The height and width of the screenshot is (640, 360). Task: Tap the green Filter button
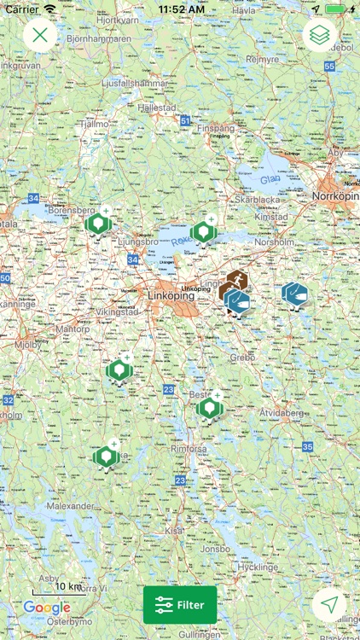pos(180,605)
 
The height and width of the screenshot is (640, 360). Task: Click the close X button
pos(40,35)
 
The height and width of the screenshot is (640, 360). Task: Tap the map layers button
pos(320,35)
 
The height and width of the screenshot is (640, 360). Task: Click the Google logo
pos(47,608)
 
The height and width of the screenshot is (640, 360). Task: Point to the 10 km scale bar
pos(58,589)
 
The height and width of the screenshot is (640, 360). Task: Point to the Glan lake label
pos(270,179)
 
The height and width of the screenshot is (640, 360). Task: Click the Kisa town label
pos(174,530)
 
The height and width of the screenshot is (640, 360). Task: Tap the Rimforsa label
pos(189,446)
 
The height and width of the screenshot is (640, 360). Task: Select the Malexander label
pos(71,506)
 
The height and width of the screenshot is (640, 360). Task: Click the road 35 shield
pos(307,446)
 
